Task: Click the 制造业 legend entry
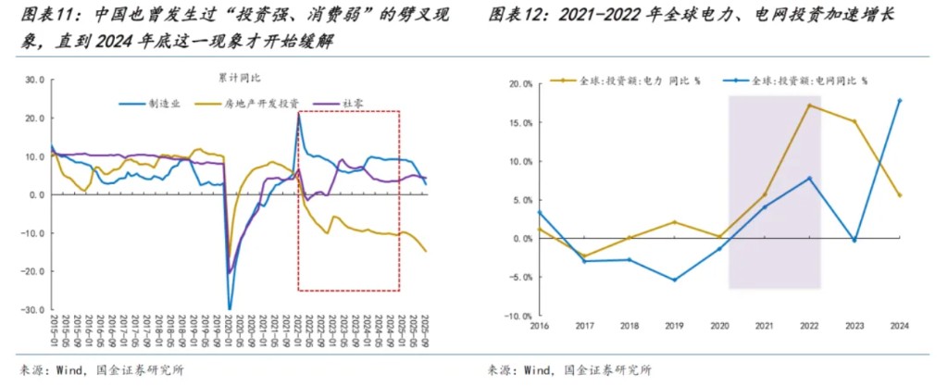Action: tap(163, 104)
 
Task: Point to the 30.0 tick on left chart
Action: tap(34, 80)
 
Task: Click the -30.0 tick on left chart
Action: tap(33, 310)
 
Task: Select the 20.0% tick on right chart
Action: tap(518, 83)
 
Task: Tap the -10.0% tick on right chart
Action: tap(518, 316)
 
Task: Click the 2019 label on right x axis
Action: tap(674, 327)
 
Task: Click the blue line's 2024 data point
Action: tap(900, 101)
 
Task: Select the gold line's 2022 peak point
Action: tap(809, 106)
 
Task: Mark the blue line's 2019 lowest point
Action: tap(674, 280)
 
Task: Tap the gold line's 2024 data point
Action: tap(900, 195)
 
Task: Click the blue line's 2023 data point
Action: tap(854, 240)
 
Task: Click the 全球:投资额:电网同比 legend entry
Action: tap(809, 81)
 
